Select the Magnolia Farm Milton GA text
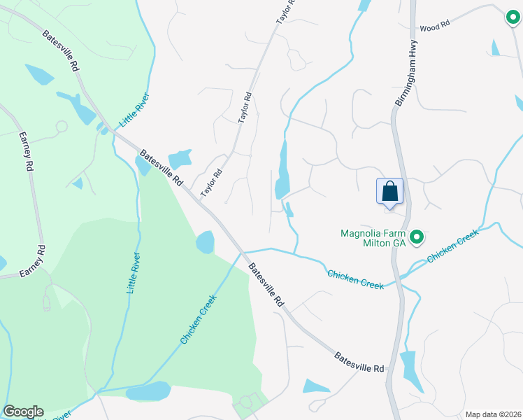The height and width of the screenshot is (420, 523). click(x=373, y=238)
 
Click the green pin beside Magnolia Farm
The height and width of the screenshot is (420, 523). click(x=417, y=238)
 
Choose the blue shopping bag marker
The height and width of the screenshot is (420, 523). click(x=390, y=191)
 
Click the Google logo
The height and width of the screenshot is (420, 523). click(x=23, y=412)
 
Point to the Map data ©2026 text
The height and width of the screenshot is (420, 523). click(x=493, y=414)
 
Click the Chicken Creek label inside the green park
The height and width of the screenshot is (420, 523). click(x=199, y=318)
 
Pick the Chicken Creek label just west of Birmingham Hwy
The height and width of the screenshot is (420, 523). click(x=355, y=281)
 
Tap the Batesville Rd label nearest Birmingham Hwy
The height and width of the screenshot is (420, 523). click(x=359, y=362)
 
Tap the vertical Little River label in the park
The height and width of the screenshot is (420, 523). click(x=132, y=273)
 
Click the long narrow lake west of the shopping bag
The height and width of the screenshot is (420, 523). click(x=282, y=170)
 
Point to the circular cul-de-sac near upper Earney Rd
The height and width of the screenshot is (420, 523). click(x=61, y=127)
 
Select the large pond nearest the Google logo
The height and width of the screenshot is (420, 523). click(x=148, y=391)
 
